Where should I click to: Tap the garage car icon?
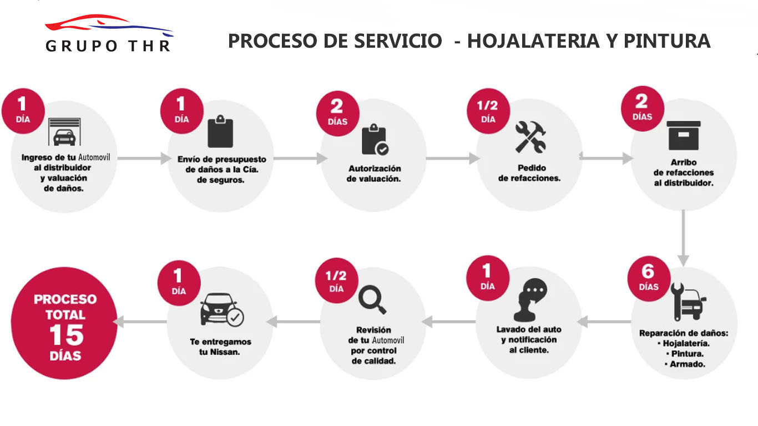64,131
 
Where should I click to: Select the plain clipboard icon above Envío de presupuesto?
220,131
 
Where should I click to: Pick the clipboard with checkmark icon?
375,139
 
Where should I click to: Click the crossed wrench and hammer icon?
530,136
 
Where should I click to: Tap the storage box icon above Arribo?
684,135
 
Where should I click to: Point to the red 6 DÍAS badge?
649,278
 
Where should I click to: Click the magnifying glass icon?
372,300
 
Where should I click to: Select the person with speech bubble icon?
530,300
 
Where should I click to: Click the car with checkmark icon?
222,310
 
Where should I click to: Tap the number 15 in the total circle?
67,335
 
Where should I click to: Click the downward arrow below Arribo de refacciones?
683,238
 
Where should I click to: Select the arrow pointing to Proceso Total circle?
140,322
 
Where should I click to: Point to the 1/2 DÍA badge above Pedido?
488,111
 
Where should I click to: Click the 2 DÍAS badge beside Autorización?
337,113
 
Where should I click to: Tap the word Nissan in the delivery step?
225,352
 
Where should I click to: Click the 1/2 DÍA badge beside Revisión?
336,281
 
